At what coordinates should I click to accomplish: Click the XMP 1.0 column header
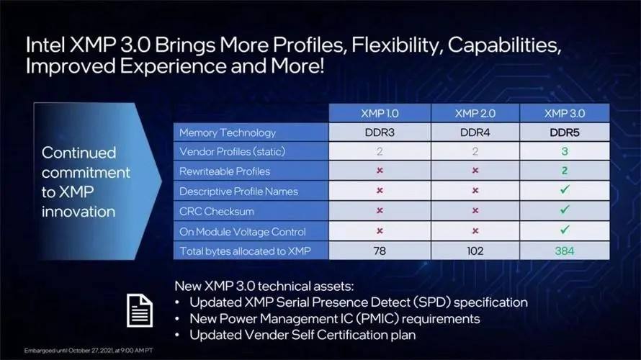tap(380, 113)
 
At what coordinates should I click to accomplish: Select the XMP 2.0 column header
tap(475, 113)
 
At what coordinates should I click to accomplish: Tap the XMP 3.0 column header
tap(565, 113)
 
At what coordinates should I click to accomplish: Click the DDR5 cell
tap(565, 132)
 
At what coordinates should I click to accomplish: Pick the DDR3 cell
tap(380, 132)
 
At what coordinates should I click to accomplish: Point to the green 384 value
tap(565, 251)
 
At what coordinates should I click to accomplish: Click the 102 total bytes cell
tap(475, 251)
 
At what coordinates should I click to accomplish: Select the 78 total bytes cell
tap(380, 251)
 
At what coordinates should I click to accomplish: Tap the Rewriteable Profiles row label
tap(225, 171)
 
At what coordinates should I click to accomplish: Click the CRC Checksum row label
tap(217, 211)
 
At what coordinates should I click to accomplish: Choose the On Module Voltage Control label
tap(243, 232)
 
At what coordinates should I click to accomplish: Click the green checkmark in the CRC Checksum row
tap(565, 210)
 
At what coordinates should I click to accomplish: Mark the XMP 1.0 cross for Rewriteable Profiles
tap(380, 170)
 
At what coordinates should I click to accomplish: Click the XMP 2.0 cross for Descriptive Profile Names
tap(475, 190)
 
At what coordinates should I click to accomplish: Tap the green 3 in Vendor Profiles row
tap(565, 151)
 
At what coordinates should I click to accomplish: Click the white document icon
tap(140, 310)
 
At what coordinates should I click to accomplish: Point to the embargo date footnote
tap(89, 351)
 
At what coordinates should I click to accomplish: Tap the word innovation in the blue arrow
tap(79, 212)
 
